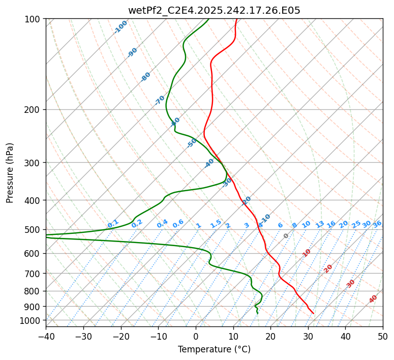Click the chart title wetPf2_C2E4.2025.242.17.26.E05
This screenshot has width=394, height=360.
[214, 10]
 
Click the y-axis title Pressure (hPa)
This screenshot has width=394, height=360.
[10, 173]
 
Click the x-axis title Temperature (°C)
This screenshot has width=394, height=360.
[214, 350]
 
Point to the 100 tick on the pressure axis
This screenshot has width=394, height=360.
[34, 19]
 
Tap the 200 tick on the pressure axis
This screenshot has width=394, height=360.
[34, 110]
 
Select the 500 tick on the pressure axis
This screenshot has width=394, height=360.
[34, 230]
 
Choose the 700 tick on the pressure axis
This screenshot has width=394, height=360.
[34, 274]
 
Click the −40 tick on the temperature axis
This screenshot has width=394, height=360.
[46, 337]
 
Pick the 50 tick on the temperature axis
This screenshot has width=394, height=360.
[383, 337]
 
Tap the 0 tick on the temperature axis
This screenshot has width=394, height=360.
[196, 337]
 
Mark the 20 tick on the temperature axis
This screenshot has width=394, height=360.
[270, 337]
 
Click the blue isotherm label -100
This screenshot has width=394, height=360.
[120, 27]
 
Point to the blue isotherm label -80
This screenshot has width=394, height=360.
[146, 77]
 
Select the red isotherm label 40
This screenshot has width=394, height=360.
[373, 299]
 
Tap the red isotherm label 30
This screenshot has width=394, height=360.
[351, 284]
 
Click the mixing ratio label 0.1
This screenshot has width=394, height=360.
[113, 224]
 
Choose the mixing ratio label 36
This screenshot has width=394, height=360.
[377, 224]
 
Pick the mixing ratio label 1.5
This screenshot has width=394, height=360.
[216, 224]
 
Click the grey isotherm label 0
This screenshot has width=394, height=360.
[286, 236]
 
